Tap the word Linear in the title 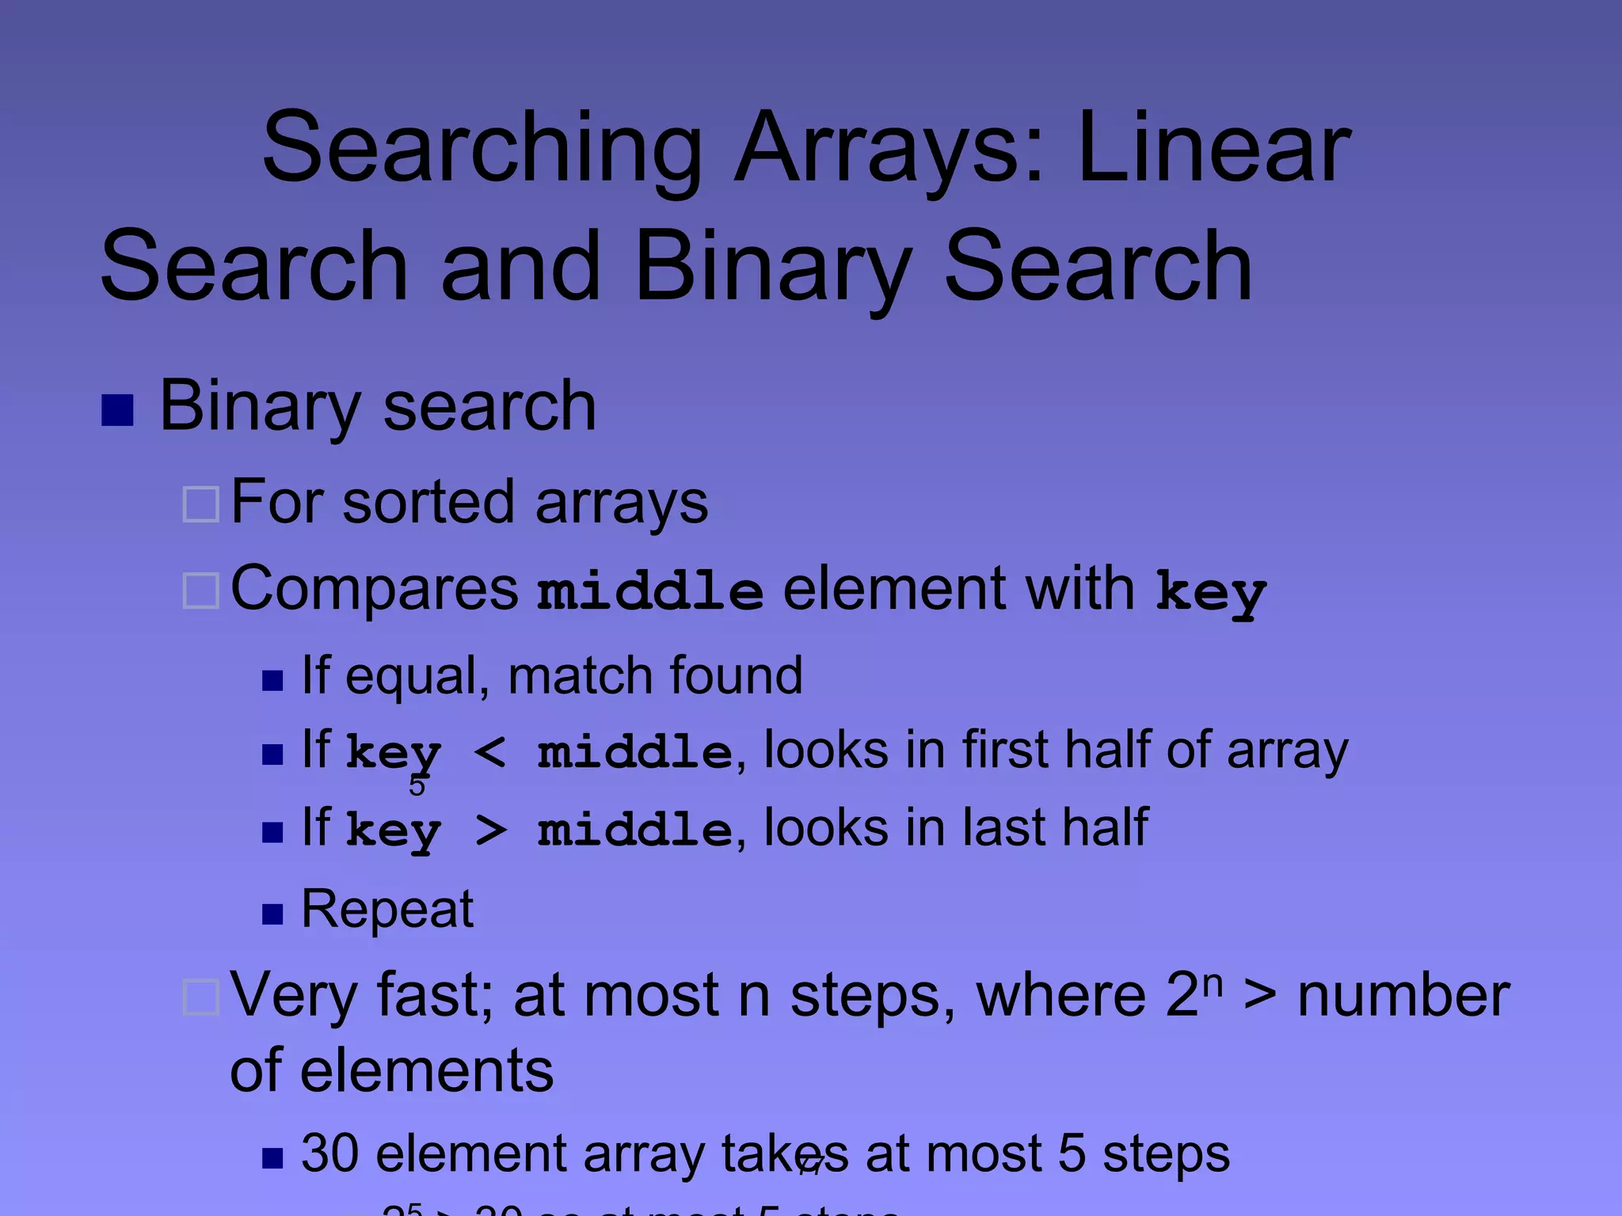pos(1213,148)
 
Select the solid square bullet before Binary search pos(117,410)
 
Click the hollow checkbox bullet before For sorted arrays pos(201,504)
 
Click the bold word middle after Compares pos(649,591)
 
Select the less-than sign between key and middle pos(489,751)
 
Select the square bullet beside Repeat pos(272,914)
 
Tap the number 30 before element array pos(330,1153)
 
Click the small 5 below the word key pos(417,785)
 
